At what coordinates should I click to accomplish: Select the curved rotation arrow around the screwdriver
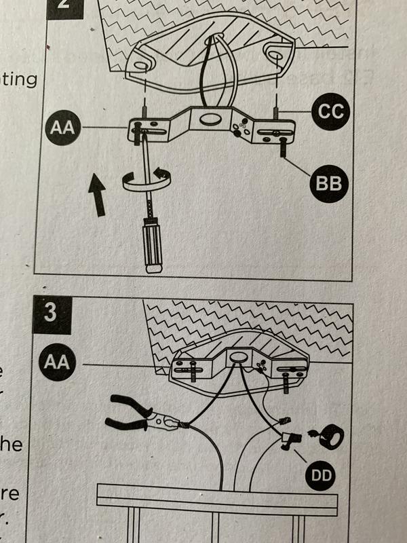pyautogui.click(x=144, y=179)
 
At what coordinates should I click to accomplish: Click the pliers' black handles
pyautogui.click(x=129, y=415)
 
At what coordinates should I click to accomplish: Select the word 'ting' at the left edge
pyautogui.click(x=18, y=80)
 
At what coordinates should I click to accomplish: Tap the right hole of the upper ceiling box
pyautogui.click(x=277, y=51)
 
